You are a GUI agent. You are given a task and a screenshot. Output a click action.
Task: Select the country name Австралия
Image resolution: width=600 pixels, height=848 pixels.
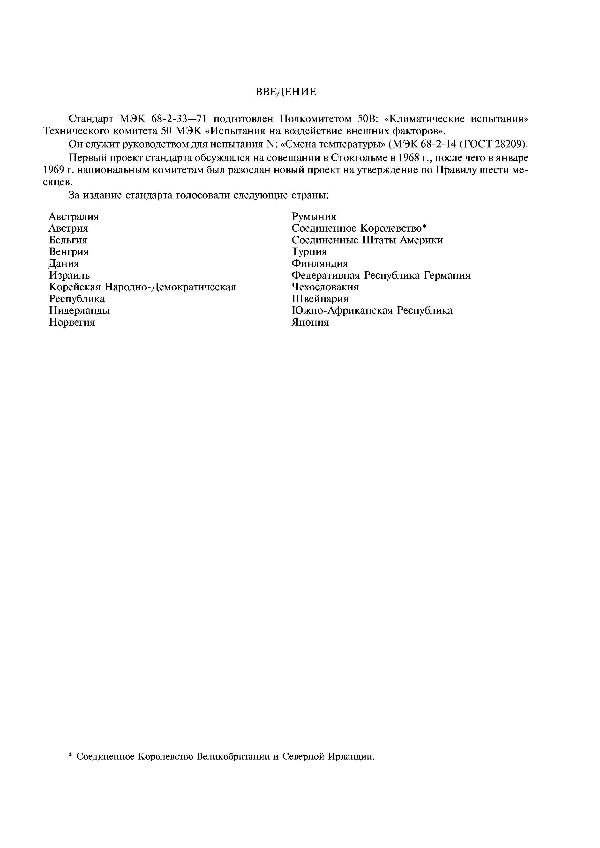click(74, 216)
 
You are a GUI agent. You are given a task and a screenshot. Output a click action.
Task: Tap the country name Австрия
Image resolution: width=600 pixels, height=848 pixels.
click(69, 228)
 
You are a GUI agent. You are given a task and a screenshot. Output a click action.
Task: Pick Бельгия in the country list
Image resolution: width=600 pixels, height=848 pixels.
click(68, 240)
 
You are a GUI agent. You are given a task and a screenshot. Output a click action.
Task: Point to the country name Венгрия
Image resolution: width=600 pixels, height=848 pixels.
click(69, 252)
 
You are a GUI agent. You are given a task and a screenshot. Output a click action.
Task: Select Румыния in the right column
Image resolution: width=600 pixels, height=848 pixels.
click(314, 216)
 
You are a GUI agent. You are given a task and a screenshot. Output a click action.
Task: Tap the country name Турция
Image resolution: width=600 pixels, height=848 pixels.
click(309, 252)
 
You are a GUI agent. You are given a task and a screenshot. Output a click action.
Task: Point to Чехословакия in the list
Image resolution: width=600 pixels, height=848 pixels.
click(325, 287)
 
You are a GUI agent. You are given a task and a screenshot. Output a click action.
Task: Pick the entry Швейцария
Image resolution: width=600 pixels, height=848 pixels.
click(320, 299)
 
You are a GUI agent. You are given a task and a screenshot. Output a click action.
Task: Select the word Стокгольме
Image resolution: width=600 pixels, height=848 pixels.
click(360, 158)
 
